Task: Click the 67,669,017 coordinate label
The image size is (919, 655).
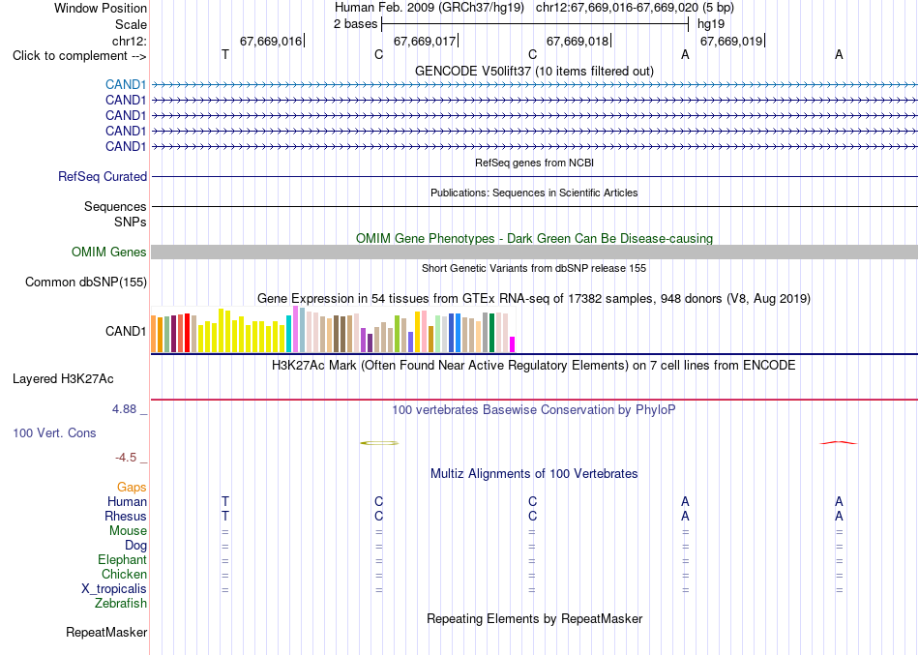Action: [x=425, y=41]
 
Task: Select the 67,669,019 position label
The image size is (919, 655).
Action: [x=731, y=41]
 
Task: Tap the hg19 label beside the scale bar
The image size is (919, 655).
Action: [x=711, y=24]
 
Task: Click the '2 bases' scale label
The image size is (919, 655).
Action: [x=356, y=24]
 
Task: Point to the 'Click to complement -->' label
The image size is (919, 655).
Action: [x=79, y=56]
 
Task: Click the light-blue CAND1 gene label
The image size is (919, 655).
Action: [x=126, y=85]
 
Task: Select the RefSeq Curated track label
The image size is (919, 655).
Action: [x=103, y=176]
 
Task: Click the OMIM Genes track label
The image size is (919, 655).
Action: [x=109, y=253]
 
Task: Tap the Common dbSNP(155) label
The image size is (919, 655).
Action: [x=86, y=283]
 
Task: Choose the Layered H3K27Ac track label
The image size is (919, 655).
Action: [x=63, y=379]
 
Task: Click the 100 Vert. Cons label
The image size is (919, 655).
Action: [x=54, y=432]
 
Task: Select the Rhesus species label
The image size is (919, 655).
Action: [x=126, y=516]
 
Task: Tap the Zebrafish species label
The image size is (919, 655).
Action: [x=121, y=603]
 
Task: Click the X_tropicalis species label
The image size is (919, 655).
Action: [x=114, y=589]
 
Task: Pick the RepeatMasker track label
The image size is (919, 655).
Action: [x=106, y=632]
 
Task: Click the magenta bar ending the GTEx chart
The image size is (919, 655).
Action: [x=513, y=344]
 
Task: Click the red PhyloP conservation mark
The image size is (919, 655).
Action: [x=838, y=443]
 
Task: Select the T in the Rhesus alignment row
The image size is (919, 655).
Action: [x=225, y=516]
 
